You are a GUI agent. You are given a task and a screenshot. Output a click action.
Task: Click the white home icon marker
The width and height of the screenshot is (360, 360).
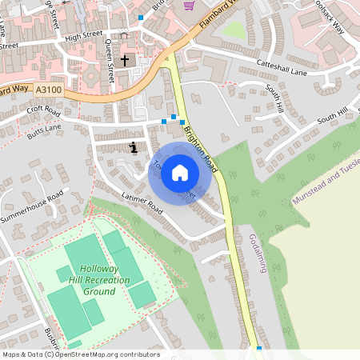180,173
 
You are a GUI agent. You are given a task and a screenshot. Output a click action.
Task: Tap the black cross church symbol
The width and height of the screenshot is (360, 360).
124,61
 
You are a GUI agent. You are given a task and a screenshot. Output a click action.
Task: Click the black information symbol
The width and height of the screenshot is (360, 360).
133,147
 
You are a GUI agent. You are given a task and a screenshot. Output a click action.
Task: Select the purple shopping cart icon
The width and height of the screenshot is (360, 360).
189,5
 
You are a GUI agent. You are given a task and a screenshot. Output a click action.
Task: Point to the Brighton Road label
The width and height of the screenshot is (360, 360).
200,145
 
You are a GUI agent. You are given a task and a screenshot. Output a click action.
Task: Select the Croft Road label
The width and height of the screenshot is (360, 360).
44,110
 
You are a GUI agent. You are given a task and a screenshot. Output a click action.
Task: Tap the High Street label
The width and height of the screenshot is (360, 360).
84,35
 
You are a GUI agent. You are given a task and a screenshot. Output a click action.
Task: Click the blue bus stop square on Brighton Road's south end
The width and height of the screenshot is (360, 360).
259,349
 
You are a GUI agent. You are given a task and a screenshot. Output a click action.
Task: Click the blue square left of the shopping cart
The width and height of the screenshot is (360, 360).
141,17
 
